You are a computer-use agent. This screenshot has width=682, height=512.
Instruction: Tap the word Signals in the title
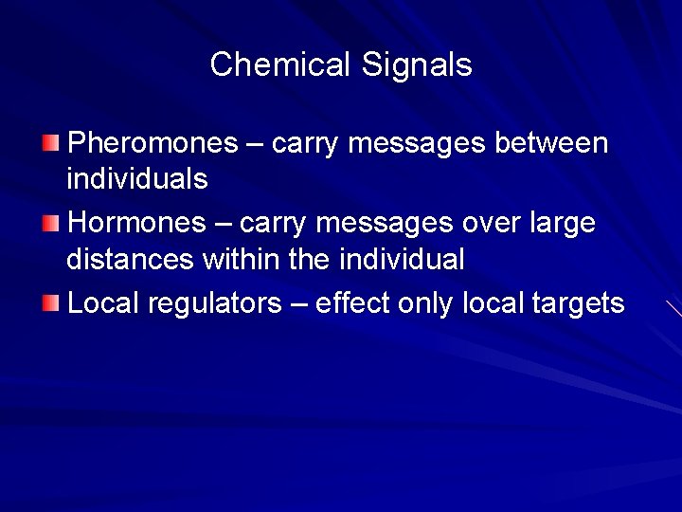click(417, 64)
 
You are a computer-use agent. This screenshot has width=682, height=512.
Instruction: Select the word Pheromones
click(153, 143)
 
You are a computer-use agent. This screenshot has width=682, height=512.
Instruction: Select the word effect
click(352, 303)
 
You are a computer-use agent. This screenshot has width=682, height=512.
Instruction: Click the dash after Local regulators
click(299, 304)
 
